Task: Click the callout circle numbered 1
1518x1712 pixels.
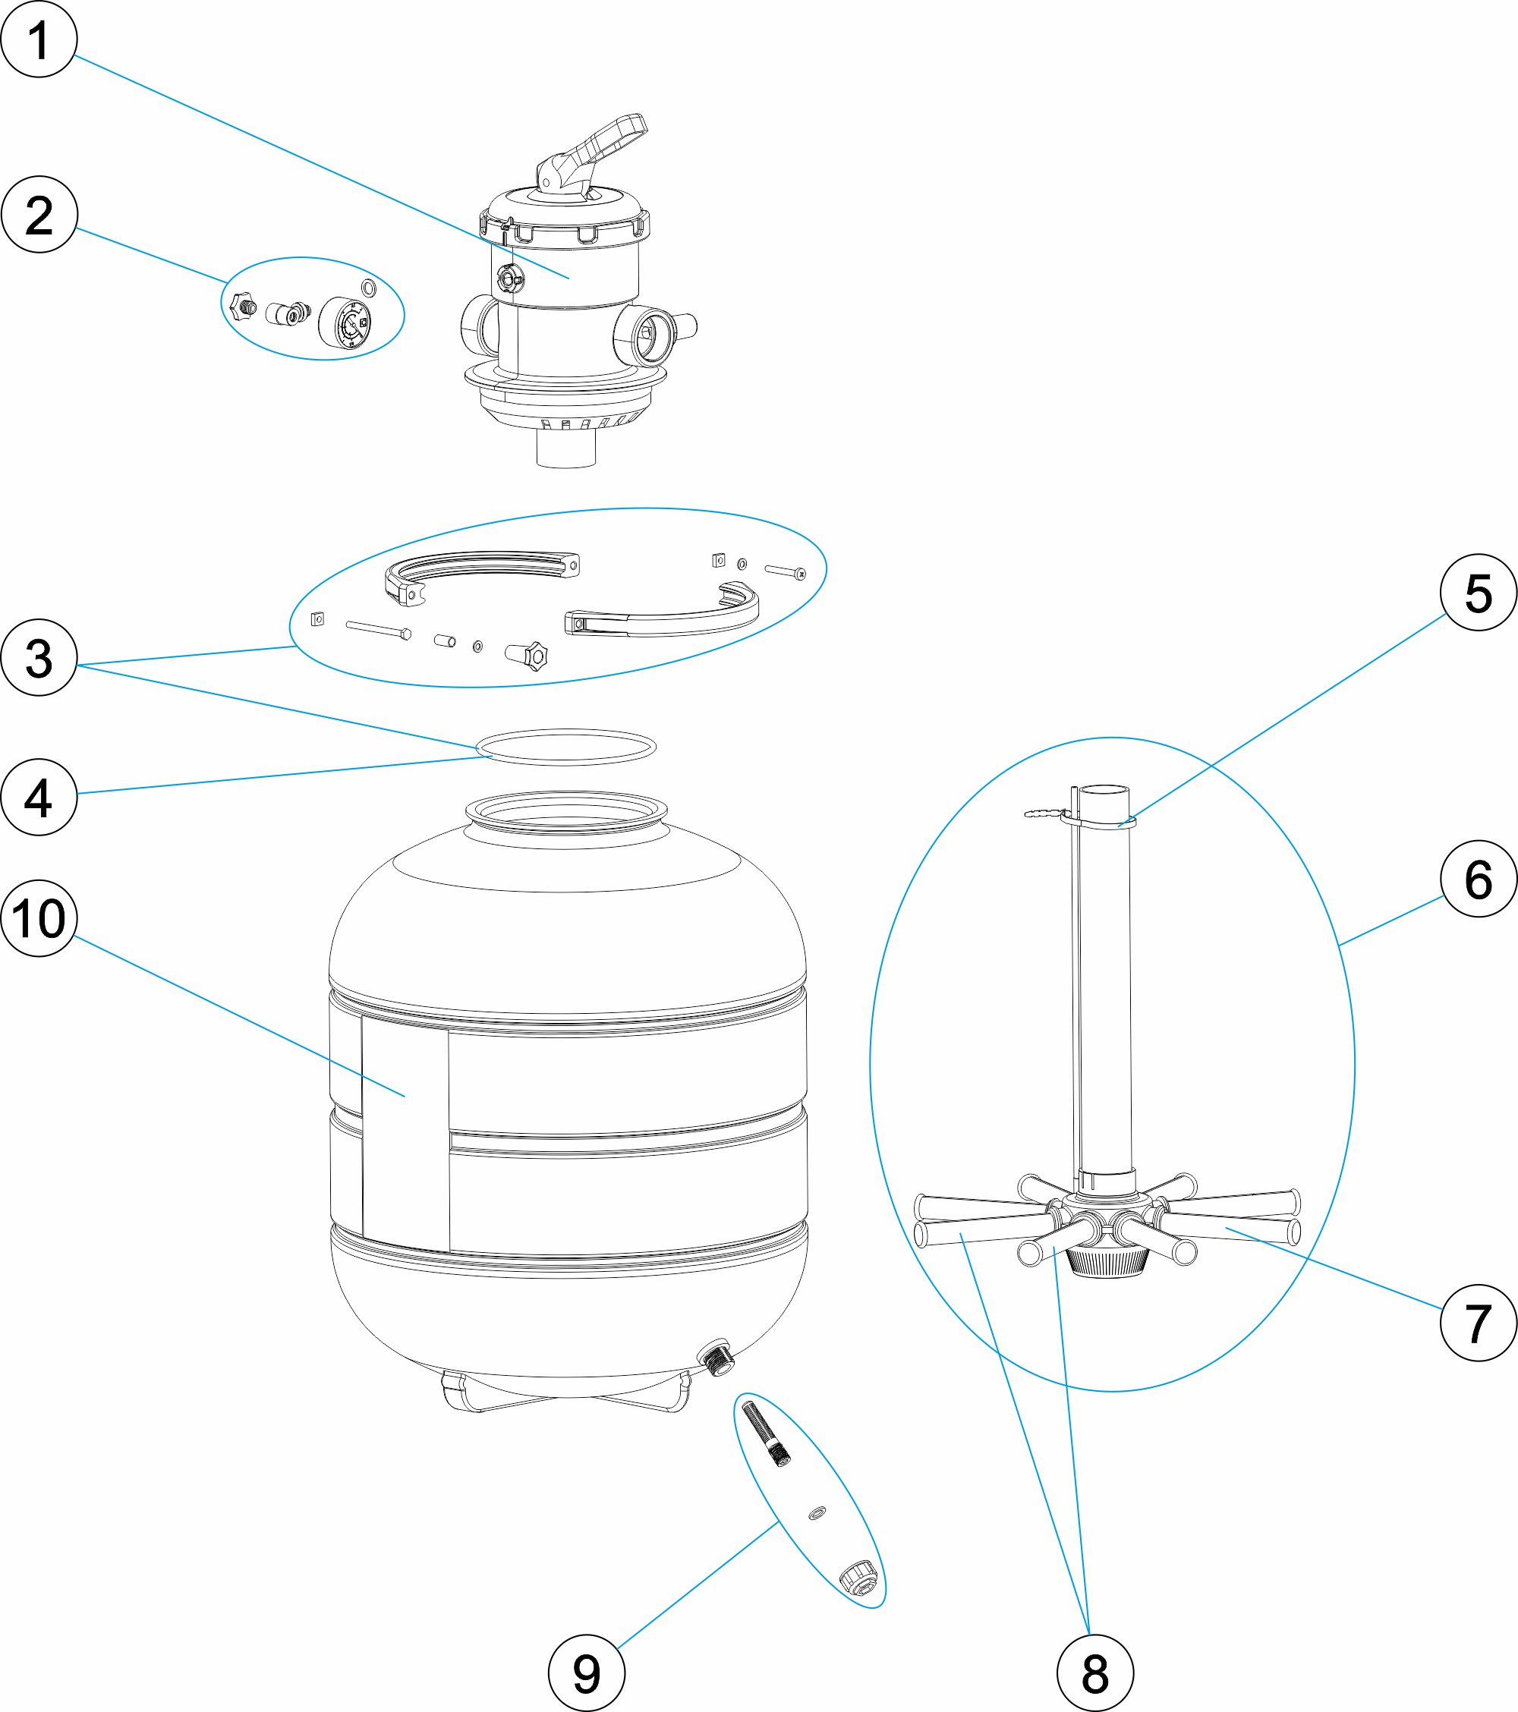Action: pyautogui.click(x=39, y=39)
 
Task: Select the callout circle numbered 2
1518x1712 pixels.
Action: pyautogui.click(x=39, y=215)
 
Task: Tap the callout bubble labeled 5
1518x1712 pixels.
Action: pyautogui.click(x=1478, y=593)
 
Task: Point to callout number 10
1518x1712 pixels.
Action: pyautogui.click(x=39, y=919)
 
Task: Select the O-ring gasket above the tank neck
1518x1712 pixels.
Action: pyautogui.click(x=565, y=746)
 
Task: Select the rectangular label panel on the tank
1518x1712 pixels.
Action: pyautogui.click(x=405, y=1139)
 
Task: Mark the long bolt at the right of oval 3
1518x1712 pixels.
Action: pyautogui.click(x=785, y=571)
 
